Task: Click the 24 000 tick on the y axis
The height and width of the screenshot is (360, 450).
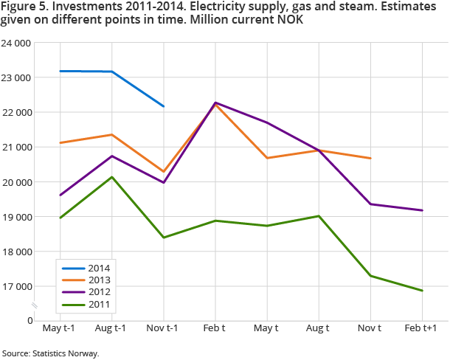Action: point(17,43)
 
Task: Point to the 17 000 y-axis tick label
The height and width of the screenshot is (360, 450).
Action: point(17,286)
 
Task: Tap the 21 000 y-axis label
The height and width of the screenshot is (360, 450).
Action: point(17,148)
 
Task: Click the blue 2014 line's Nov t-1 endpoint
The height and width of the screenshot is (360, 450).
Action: point(164,106)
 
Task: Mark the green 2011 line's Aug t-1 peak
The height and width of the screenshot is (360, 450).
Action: point(111,177)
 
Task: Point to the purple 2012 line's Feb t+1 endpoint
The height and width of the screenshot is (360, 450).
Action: point(422,210)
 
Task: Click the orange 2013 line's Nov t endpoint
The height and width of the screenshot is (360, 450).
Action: point(370,158)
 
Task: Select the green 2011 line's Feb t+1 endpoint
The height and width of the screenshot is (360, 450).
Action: point(422,291)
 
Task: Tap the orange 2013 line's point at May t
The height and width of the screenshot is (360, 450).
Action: point(267,158)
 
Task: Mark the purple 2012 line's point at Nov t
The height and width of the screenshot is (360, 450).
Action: point(370,204)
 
